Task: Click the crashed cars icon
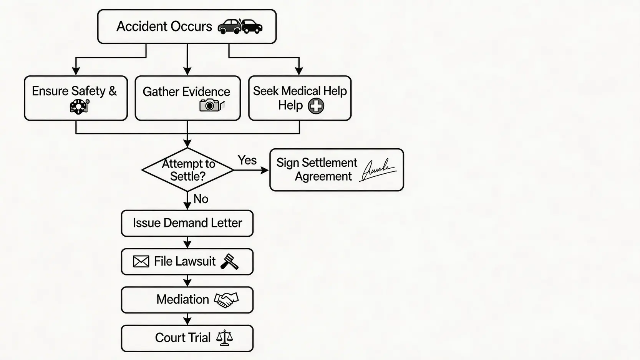click(240, 27)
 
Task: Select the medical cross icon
click(316, 106)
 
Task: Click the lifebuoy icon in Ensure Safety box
click(79, 106)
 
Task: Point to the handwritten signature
click(378, 170)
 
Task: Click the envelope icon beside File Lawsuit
click(141, 262)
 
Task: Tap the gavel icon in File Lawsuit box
click(229, 262)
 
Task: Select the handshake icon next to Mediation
click(226, 300)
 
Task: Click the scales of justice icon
click(224, 338)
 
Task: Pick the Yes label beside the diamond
click(247, 160)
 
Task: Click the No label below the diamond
click(201, 199)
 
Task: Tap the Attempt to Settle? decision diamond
click(187, 170)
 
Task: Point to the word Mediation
click(182, 299)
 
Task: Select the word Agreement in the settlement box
click(323, 176)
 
